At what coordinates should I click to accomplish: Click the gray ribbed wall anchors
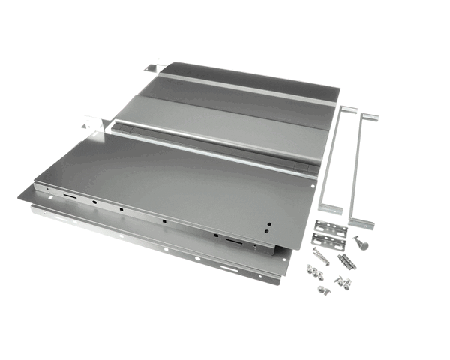[x=346, y=260]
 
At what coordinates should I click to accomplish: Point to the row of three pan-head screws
[x=313, y=273]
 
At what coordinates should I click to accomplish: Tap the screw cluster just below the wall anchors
[x=343, y=282]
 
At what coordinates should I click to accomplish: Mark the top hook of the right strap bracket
[x=369, y=118]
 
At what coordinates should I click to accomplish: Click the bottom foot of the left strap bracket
[x=330, y=209]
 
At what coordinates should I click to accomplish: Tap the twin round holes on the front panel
[x=268, y=225]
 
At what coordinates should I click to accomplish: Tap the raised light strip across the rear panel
[x=247, y=90]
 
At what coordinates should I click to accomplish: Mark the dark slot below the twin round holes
[x=234, y=243]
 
